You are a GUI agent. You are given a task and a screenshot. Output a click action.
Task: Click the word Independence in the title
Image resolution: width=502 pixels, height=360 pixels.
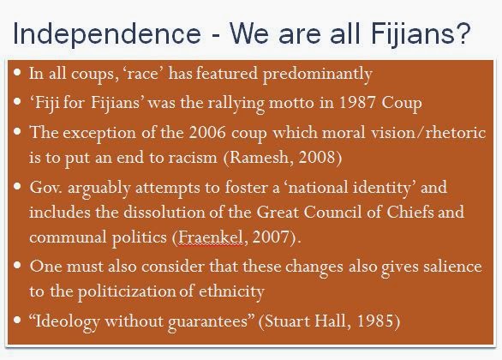(107, 34)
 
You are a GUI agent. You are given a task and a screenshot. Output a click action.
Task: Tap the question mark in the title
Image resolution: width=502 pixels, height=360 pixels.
(463, 33)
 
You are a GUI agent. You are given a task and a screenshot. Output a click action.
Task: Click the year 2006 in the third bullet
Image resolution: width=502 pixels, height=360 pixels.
(207, 132)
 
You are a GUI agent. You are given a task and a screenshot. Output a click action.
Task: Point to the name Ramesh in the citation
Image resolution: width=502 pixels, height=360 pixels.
(259, 157)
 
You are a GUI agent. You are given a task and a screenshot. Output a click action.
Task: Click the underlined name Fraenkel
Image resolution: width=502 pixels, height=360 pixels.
(210, 237)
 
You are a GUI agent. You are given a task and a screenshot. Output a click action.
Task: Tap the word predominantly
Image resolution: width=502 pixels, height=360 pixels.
(317, 74)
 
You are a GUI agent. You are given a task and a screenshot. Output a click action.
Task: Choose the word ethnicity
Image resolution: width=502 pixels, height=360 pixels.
(231, 291)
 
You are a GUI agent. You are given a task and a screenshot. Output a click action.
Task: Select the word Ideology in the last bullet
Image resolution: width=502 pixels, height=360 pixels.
(67, 321)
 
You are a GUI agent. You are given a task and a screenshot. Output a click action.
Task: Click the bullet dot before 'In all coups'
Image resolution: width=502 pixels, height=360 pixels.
(17, 72)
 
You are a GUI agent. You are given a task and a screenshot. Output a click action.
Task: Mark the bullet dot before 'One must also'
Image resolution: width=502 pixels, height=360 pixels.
(17, 265)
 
